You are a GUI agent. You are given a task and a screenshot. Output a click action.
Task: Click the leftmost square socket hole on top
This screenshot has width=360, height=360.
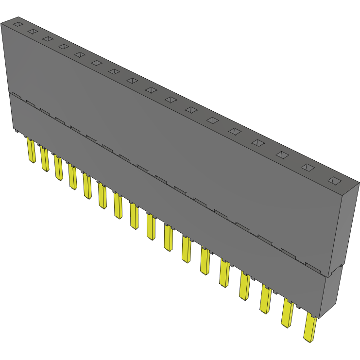[x=18, y=24]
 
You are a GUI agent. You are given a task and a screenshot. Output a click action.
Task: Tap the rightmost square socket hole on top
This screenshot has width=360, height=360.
[x=334, y=181]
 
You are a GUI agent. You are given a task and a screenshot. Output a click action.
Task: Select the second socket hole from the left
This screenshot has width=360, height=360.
[x=33, y=31]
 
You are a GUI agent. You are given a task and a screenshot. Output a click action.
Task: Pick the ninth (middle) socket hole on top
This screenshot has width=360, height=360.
[x=151, y=90]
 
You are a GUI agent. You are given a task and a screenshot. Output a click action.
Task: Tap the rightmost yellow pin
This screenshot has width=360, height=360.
[x=309, y=328]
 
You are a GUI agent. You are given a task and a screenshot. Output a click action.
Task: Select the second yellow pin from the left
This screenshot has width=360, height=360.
[x=45, y=159]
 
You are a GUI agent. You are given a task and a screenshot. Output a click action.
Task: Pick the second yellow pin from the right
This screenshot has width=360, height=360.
[x=287, y=313]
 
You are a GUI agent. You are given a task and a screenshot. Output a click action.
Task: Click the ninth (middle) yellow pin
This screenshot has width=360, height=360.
[x=151, y=227]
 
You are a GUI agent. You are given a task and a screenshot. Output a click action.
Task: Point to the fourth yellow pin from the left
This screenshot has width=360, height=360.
[x=73, y=177]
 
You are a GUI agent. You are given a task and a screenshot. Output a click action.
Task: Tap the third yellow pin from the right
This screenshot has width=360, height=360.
[x=265, y=300]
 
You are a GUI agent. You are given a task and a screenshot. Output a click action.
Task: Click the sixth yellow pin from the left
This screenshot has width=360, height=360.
[x=103, y=196]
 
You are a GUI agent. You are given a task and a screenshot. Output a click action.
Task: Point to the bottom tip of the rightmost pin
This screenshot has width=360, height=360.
[x=307, y=340]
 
